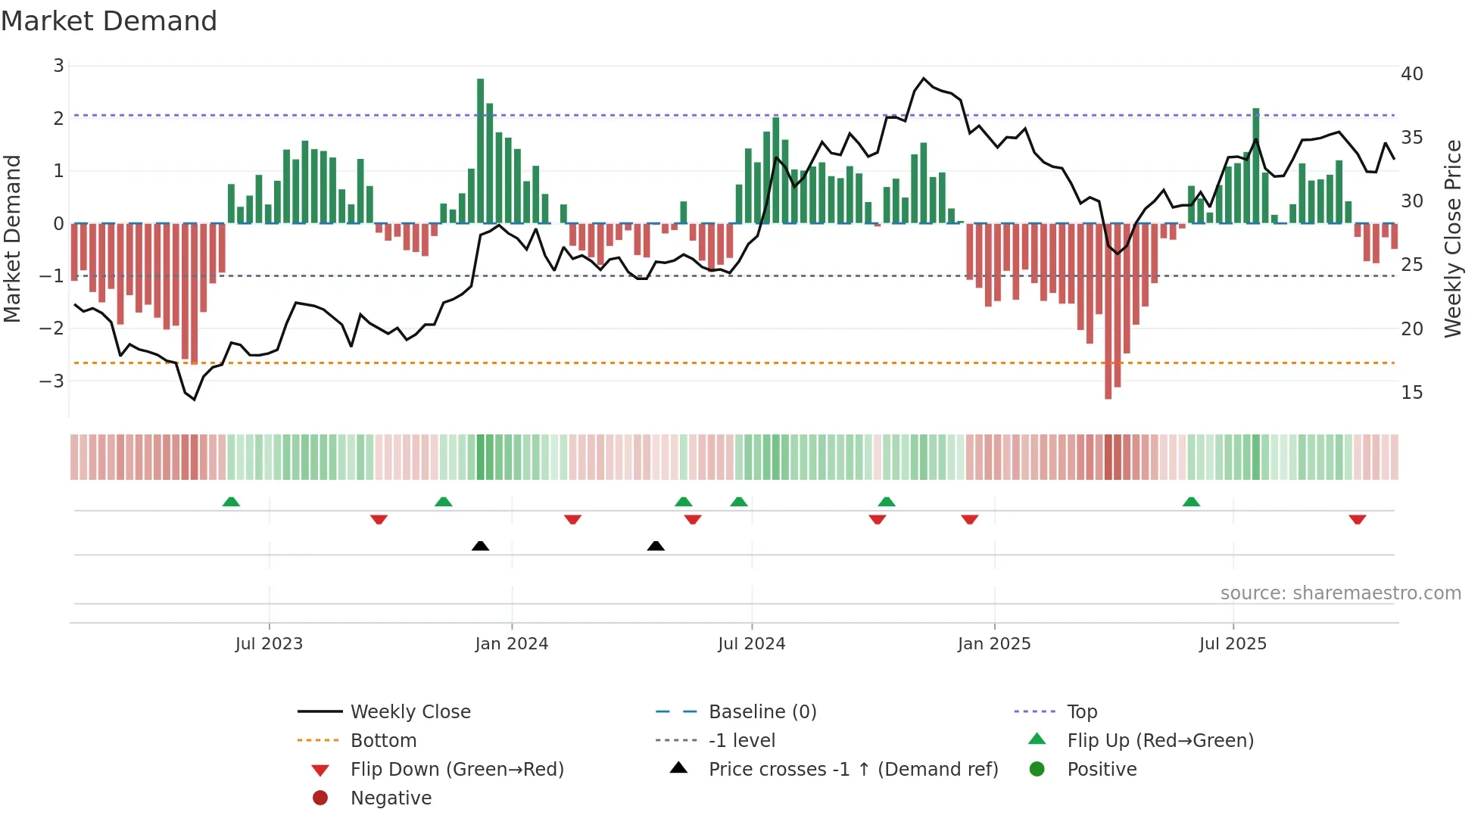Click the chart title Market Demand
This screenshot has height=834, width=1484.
click(x=109, y=21)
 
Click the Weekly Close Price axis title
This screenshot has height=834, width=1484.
click(x=1452, y=238)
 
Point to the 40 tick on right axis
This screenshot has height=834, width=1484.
click(x=1411, y=74)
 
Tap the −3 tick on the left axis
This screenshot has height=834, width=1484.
click(x=52, y=381)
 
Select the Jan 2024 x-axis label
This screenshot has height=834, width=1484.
click(x=511, y=644)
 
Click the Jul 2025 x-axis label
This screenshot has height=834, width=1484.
click(x=1233, y=644)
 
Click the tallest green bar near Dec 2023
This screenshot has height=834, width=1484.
click(x=480, y=151)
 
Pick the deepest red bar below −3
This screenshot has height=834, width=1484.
click(x=1108, y=310)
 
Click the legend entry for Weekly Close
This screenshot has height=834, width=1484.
click(x=410, y=712)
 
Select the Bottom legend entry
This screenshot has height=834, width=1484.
click(x=383, y=741)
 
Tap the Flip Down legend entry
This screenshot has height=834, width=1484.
click(x=457, y=770)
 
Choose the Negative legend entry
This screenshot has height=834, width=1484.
click(x=391, y=798)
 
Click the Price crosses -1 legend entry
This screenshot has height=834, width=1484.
click(x=853, y=770)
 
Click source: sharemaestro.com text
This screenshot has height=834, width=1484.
click(x=1340, y=593)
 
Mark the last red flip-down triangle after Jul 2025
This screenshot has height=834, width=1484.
click(x=1357, y=519)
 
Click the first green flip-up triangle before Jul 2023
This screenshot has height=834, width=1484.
click(x=231, y=502)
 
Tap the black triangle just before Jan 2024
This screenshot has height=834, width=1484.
click(x=480, y=546)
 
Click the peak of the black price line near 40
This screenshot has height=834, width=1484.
click(x=924, y=78)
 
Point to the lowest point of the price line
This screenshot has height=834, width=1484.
click(x=195, y=400)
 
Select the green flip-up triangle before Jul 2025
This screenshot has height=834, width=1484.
click(x=1191, y=502)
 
